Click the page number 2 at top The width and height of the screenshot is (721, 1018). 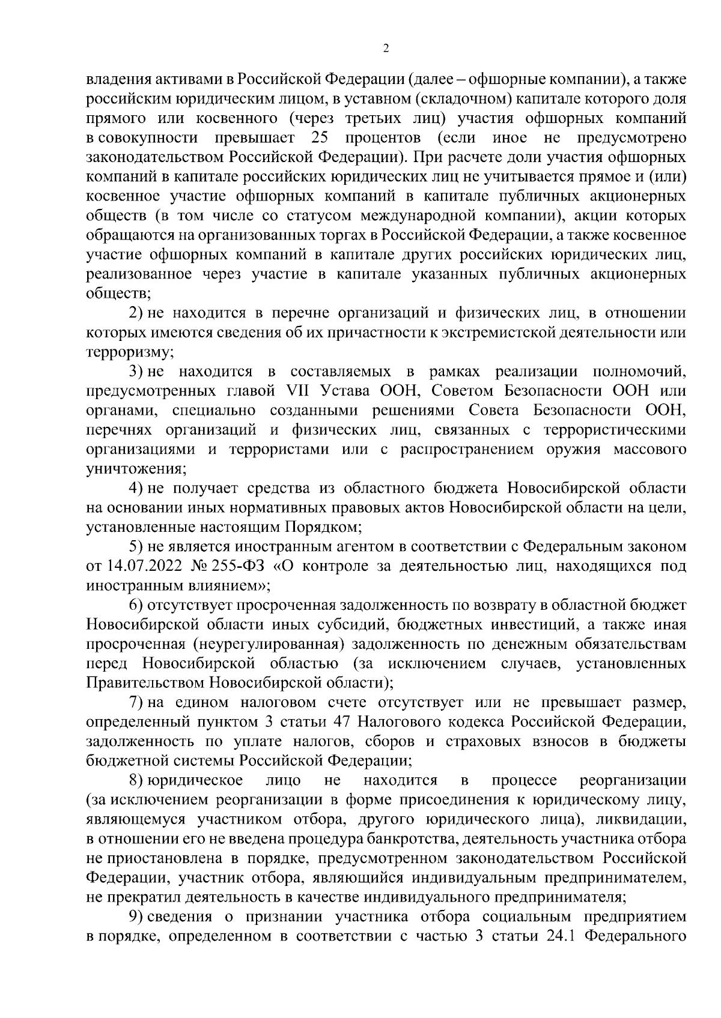pos(386,49)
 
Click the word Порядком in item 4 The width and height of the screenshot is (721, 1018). pos(323,528)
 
